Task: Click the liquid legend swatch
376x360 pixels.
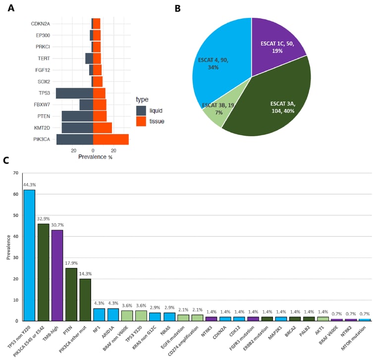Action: pyautogui.click(x=142, y=110)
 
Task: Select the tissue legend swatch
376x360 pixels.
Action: pyautogui.click(x=142, y=121)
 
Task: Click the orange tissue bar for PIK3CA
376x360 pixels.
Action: pyautogui.click(x=110, y=139)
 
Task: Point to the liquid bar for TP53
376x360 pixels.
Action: pyautogui.click(x=74, y=93)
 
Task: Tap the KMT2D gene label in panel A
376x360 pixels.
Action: pyautogui.click(x=40, y=128)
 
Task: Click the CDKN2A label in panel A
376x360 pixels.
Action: pyautogui.click(x=40, y=23)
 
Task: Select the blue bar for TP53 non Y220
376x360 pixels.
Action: pyautogui.click(x=29, y=255)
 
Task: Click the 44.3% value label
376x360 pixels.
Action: pyautogui.click(x=29, y=185)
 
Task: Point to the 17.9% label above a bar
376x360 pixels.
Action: pyautogui.click(x=71, y=263)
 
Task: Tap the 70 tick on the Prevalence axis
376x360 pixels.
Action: pyautogui.click(x=15, y=173)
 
